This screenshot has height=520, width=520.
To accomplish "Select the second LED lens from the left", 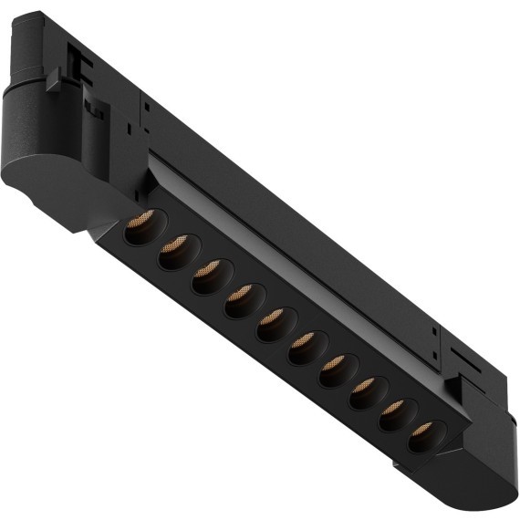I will [174, 250].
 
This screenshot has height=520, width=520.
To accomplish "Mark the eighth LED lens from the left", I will [363, 391].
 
